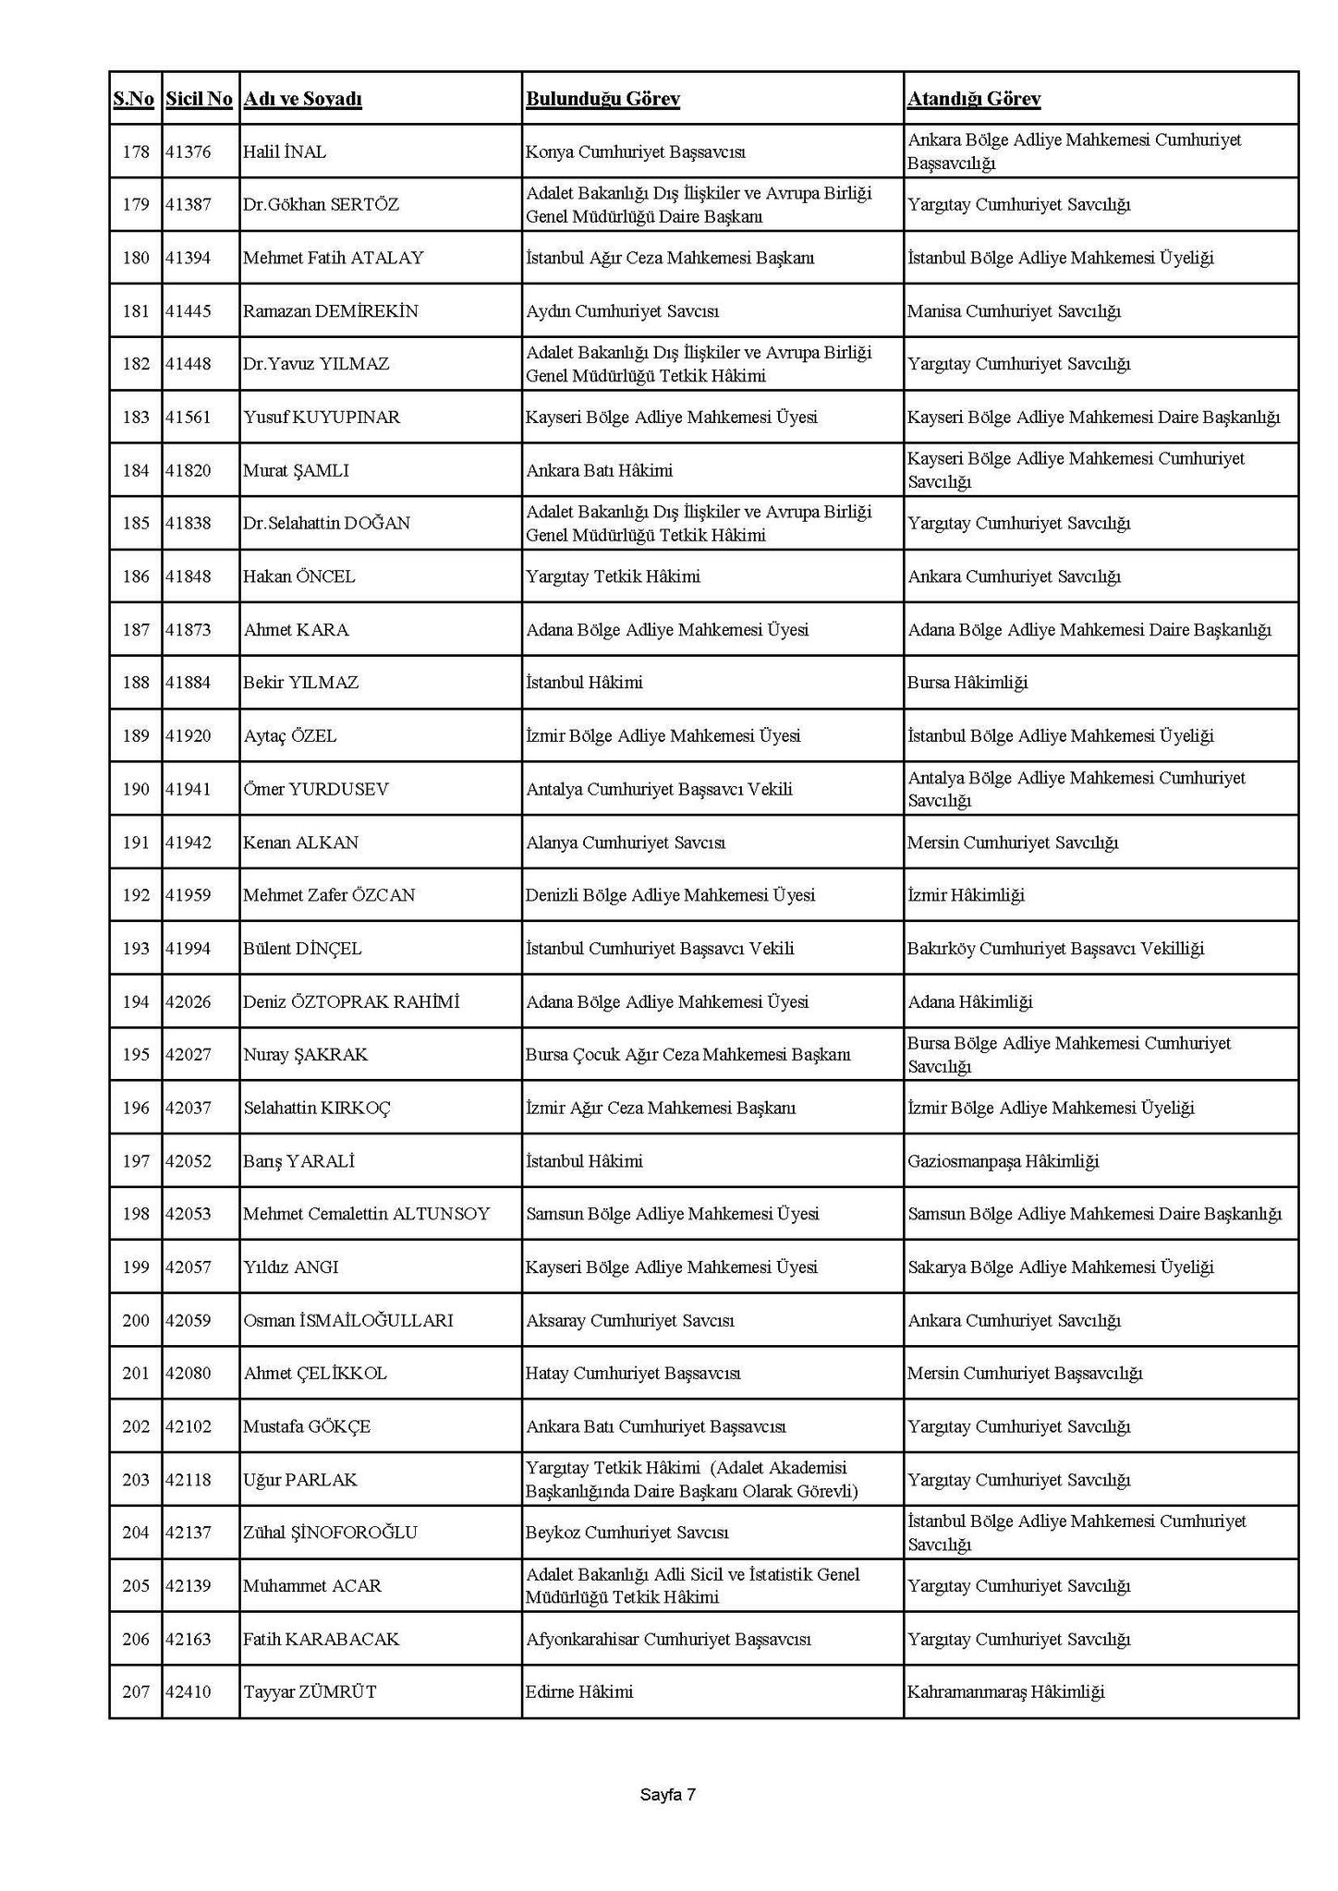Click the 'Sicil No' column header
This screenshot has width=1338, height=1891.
[x=199, y=99]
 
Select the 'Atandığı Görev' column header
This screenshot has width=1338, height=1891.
[x=973, y=99]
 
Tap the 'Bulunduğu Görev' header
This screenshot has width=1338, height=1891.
[x=602, y=99]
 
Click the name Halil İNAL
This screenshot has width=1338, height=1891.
[x=285, y=152]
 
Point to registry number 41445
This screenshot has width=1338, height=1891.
[x=188, y=311]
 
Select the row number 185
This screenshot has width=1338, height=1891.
[x=136, y=523]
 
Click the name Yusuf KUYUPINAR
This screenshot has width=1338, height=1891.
[x=322, y=418]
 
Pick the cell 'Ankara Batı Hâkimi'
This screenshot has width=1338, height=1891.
[x=599, y=470]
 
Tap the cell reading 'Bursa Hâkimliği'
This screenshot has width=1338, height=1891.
[x=967, y=683]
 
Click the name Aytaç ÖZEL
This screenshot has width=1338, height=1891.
[x=289, y=736]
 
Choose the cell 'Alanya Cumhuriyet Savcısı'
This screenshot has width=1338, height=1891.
[x=626, y=842]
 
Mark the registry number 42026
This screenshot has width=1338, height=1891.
[x=188, y=1002]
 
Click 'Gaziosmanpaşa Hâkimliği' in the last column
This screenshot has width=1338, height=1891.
[x=1003, y=1161]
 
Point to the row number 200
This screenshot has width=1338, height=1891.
[x=136, y=1320]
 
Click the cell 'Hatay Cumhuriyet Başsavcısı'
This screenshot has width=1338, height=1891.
[x=633, y=1374]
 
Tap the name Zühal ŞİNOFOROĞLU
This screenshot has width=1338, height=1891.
[x=330, y=1533]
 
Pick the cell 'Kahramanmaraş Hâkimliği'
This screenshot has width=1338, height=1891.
[x=1005, y=1692]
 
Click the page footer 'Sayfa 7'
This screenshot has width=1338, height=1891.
[x=667, y=1795]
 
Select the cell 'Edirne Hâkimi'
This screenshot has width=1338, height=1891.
[x=579, y=1692]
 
